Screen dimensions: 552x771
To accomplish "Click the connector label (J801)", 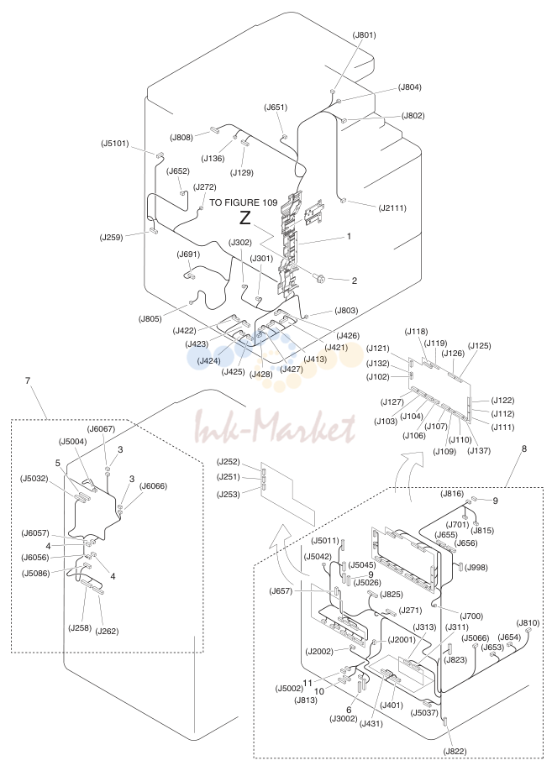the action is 364,35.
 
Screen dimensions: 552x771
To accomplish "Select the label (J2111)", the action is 392,208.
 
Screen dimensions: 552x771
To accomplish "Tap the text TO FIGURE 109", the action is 244,202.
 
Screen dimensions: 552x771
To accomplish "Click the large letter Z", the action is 245,218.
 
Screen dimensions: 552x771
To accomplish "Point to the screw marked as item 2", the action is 319,279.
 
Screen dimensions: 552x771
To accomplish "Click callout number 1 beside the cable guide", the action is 349,237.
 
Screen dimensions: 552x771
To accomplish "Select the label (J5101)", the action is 115,144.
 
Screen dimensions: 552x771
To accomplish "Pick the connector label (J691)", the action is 188,254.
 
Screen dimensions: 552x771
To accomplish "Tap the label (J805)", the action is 150,319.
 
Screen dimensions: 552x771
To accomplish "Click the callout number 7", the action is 28,380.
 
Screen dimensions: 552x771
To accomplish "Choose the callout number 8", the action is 524,448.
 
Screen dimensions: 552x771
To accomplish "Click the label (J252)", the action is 229,462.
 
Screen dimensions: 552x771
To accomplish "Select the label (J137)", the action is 479,450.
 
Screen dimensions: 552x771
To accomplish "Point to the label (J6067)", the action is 101,429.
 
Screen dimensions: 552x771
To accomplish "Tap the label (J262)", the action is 107,632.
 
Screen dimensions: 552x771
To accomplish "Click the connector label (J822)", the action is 455,752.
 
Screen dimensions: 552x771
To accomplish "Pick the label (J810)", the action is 528,623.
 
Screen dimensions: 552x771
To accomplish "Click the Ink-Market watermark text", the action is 276,427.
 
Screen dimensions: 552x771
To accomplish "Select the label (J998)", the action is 476,568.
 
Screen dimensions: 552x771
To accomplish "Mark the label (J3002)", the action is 344,719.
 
